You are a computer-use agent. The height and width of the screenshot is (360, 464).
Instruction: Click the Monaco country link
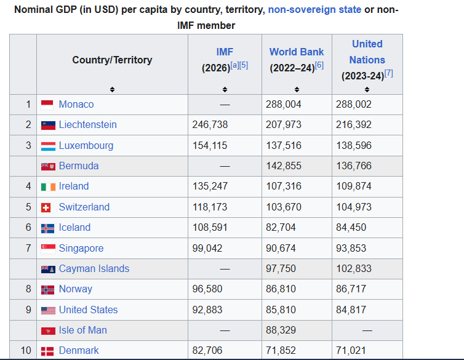pyautogui.click(x=76, y=104)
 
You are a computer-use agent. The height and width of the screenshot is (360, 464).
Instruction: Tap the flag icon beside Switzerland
pyautogui.click(x=48, y=207)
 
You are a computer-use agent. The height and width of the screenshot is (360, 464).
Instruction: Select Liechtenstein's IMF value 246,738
pyautogui.click(x=210, y=125)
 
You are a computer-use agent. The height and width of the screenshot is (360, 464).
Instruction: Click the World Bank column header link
pyautogui.click(x=296, y=52)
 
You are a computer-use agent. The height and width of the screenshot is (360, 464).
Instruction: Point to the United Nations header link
pyautogui.click(x=367, y=52)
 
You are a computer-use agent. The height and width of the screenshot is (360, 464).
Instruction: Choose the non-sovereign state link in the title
pyautogui.click(x=314, y=10)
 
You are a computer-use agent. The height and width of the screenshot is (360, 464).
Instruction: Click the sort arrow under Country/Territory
pyautogui.click(x=112, y=89)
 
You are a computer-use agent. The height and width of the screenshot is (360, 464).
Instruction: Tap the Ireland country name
pyautogui.click(x=74, y=186)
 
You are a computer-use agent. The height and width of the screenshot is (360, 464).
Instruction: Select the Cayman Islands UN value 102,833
pyautogui.click(x=354, y=269)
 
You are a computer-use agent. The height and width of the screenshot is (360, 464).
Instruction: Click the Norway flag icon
pyautogui.click(x=48, y=289)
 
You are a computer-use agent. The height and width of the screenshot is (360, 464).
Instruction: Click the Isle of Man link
pyautogui.click(x=83, y=330)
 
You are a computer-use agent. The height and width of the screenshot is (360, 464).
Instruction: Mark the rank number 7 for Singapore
pyautogui.click(x=28, y=249)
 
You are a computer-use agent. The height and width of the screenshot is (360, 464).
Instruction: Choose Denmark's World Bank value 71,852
pyautogui.click(x=281, y=351)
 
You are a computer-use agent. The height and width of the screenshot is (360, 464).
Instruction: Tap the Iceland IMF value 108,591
pyautogui.click(x=210, y=228)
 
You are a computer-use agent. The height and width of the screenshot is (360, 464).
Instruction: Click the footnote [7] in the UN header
pyautogui.click(x=388, y=73)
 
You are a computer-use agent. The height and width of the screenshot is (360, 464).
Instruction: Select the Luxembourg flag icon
pyautogui.click(x=48, y=146)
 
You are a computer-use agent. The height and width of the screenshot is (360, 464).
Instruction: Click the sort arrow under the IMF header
pyautogui.click(x=225, y=89)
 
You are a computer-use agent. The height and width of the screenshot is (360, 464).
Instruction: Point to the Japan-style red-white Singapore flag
pyautogui.click(x=48, y=249)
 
